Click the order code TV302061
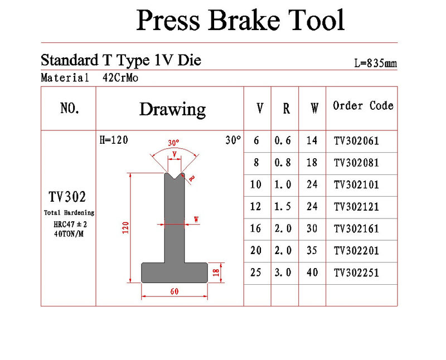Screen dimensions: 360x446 pyautogui.click(x=356, y=141)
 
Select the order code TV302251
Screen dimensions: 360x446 pyautogui.click(x=356, y=273)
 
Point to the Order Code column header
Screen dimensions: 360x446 pyautogui.click(x=363, y=106)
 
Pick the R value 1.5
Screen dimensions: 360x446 pyautogui.click(x=283, y=207)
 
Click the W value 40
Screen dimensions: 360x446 pyautogui.click(x=312, y=273)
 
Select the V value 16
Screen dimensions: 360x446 pyautogui.click(x=256, y=229)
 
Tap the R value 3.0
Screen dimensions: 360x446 pyautogui.click(x=283, y=273)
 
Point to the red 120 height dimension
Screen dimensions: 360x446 pyautogui.click(x=125, y=228)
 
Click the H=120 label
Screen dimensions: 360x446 pyautogui.click(x=114, y=140)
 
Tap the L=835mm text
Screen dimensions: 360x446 pyautogui.click(x=375, y=64)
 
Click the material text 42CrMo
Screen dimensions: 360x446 pyautogui.click(x=120, y=78)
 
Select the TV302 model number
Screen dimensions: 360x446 pyautogui.click(x=67, y=197)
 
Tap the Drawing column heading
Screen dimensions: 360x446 pyautogui.click(x=172, y=109)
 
